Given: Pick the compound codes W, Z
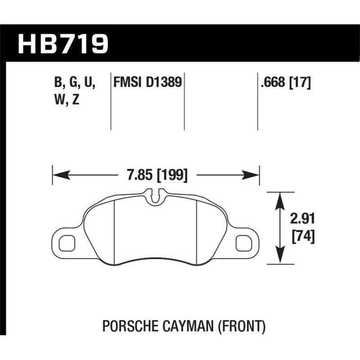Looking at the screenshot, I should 66,100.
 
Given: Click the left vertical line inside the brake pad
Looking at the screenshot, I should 115,229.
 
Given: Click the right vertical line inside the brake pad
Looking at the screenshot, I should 198,229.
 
